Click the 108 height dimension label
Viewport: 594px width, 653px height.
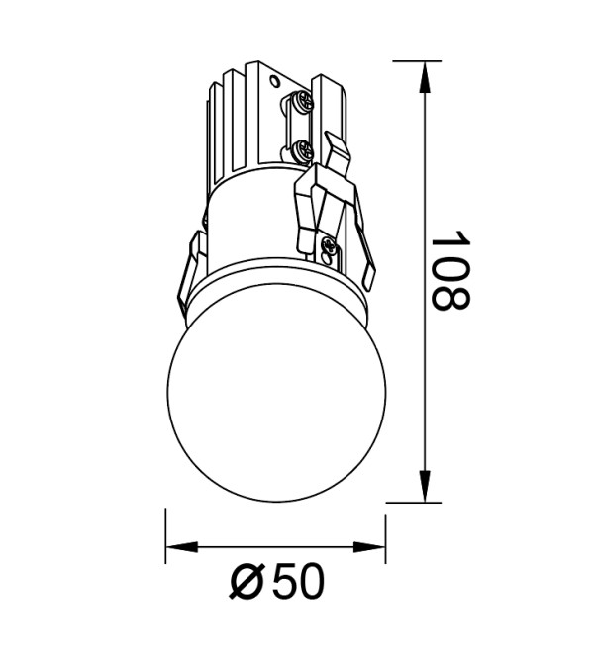tap(450, 271)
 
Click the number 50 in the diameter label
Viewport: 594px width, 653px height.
tap(298, 581)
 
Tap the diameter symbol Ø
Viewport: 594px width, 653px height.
tap(247, 581)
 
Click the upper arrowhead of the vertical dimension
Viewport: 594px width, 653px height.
tap(425, 77)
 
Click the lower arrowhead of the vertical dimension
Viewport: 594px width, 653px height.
tap(425, 486)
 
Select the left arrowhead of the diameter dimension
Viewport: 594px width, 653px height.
tap(182, 548)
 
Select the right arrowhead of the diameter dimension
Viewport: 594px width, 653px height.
tap(369, 548)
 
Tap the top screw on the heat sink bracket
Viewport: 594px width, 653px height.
tap(302, 100)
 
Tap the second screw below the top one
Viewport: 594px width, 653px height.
tap(302, 149)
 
